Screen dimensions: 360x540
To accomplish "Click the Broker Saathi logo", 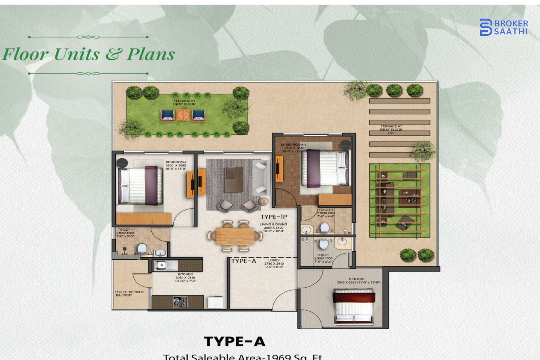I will (503, 27).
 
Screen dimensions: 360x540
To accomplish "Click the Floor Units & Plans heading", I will (89, 54).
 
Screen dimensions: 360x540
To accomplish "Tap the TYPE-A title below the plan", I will (235, 341).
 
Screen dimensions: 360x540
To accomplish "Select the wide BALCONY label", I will (129, 293).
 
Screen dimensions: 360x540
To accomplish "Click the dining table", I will (235, 236).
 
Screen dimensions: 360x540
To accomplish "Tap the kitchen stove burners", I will (180, 302).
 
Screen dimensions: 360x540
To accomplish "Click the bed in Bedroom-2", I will (140, 186).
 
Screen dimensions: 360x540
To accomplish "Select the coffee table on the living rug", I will (234, 179).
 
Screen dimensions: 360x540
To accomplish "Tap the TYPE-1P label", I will (274, 217).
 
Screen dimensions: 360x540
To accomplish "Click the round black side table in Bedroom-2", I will (122, 163).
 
